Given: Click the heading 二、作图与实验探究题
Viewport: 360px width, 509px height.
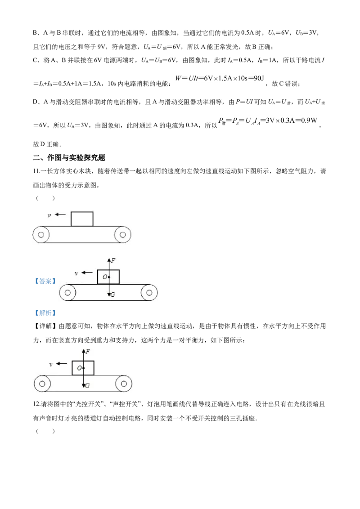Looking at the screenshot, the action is [69, 158].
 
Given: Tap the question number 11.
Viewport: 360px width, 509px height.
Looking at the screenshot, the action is [36, 171].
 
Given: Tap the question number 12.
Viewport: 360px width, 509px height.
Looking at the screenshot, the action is [37, 404].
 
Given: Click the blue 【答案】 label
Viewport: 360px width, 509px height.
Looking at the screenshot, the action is [45, 281].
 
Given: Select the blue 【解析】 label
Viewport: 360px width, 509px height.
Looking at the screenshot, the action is [45, 313].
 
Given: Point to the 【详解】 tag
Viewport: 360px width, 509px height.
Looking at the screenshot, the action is [45, 326].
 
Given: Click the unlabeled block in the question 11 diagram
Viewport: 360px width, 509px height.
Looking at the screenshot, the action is [82, 219].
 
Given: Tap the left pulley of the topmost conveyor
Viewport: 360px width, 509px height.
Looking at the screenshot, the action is [41, 235].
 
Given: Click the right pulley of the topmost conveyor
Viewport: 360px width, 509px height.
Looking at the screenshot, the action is [122, 235].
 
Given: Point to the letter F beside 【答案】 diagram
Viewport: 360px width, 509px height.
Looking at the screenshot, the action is [113, 261].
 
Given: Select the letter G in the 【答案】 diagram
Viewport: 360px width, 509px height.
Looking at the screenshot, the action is [112, 295].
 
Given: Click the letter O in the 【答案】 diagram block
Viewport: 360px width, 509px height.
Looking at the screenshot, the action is [105, 277].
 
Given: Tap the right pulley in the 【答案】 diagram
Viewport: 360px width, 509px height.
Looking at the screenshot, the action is [149, 293].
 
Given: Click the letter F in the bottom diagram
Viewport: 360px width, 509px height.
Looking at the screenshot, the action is [88, 352].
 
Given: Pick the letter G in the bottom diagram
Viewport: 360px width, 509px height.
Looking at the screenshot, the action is [87, 386].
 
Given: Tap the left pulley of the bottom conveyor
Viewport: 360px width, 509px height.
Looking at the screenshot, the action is [42, 384].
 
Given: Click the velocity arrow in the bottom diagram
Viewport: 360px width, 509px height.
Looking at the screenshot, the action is [62, 364].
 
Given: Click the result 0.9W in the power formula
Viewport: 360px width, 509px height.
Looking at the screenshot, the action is [308, 121].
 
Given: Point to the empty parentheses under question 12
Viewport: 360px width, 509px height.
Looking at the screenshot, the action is [45, 431].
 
